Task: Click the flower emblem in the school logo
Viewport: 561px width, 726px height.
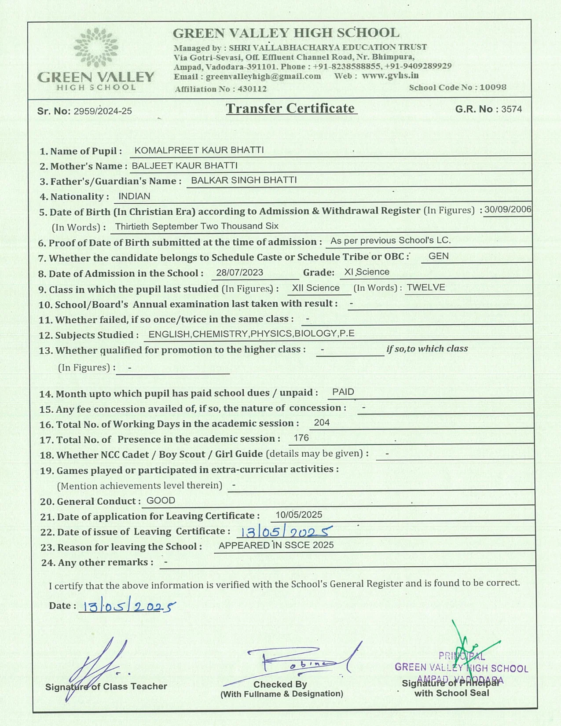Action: point(96,48)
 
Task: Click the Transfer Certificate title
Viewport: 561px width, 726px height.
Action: point(290,108)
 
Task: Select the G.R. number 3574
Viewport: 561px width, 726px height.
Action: point(512,109)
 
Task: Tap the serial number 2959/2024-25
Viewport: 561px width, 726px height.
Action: point(103,111)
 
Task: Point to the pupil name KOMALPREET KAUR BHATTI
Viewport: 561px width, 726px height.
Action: point(199,150)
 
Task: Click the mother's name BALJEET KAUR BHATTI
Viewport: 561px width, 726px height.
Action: point(184,165)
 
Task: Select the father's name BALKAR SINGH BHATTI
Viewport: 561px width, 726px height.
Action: point(244,180)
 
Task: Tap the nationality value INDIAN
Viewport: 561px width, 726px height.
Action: point(134,196)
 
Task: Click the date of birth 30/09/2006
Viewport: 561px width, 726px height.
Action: point(508,209)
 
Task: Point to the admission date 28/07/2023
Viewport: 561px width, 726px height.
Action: point(239,272)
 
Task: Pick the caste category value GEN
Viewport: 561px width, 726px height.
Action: point(438,256)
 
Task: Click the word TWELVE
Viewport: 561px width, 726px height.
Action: point(425,287)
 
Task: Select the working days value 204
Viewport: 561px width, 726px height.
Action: point(322,422)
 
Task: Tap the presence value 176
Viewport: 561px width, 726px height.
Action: point(301,438)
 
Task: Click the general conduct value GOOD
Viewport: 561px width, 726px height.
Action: point(161,500)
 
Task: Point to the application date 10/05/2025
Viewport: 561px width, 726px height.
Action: point(299,514)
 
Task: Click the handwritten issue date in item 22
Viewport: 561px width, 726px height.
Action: point(284,532)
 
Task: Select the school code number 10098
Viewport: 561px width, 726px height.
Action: point(493,87)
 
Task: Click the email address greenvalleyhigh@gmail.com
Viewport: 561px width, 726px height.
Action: point(263,76)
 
